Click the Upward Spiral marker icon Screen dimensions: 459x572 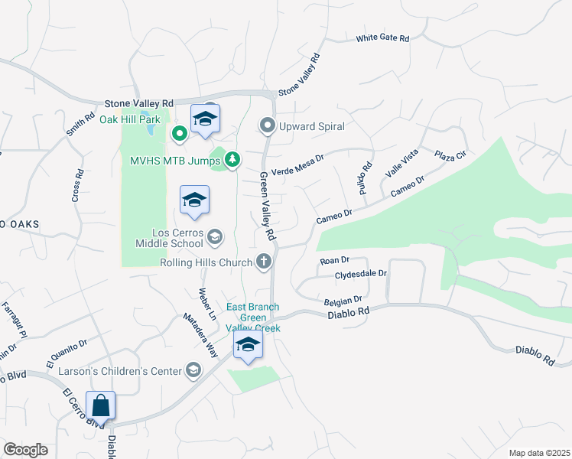pos(267,125)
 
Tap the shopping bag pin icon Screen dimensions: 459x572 pos(101,405)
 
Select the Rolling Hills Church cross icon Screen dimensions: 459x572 pos(264,262)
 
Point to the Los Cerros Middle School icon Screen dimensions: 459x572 pos(215,237)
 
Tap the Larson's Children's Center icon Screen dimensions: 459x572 pos(193,371)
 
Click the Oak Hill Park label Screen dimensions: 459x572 pos(129,120)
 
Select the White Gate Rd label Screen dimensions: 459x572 pos(383,38)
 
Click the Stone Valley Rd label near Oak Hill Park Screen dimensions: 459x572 pos(139,103)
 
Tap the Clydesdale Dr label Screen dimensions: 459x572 pos(361,273)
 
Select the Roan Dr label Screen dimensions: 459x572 pos(334,261)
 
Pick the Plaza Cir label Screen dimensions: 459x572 pos(450,156)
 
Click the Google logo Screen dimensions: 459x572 pos(25,450)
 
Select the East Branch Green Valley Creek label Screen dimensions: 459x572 pos(253,317)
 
